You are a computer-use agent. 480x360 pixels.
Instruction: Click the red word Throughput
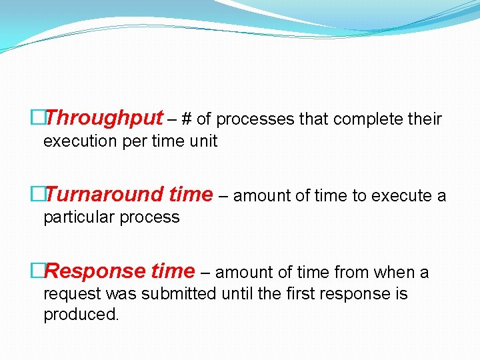(x=105, y=119)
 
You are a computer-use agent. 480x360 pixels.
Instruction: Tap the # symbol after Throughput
(x=187, y=119)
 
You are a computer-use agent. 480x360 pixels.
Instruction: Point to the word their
(x=425, y=119)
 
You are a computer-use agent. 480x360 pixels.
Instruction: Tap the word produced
(x=81, y=315)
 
